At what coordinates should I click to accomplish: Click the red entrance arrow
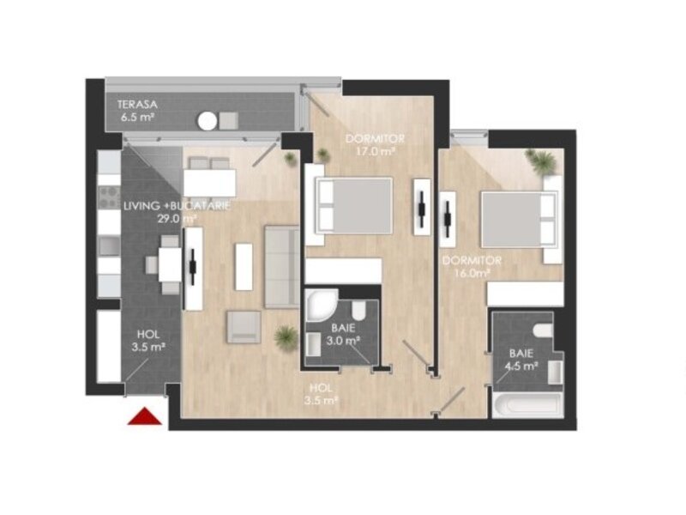click(145, 416)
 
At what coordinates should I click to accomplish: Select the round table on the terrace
click(207, 121)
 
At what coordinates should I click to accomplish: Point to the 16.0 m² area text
click(466, 273)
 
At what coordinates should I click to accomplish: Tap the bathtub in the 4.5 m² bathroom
click(527, 405)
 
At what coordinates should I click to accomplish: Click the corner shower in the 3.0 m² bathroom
click(321, 306)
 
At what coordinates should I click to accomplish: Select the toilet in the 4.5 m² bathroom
click(544, 330)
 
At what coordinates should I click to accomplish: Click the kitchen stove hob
click(109, 197)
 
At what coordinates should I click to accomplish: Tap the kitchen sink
click(109, 245)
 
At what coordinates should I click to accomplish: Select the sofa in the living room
click(282, 267)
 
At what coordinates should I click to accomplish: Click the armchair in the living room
click(244, 327)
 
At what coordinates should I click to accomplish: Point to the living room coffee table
click(244, 267)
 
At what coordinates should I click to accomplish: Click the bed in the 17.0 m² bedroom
click(353, 205)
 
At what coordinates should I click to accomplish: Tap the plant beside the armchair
click(286, 337)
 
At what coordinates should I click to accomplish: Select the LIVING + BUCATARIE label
click(177, 206)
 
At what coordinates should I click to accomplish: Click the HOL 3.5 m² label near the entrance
click(148, 341)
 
